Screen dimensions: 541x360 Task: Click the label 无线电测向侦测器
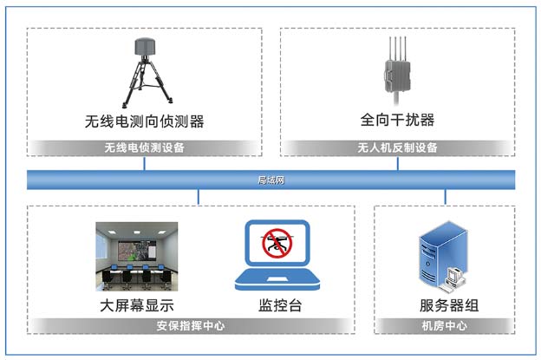click(144, 121)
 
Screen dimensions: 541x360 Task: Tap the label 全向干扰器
click(397, 120)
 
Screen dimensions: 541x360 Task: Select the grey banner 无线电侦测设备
click(144, 147)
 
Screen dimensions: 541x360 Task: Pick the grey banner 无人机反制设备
click(397, 147)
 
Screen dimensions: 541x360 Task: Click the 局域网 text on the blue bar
click(270, 180)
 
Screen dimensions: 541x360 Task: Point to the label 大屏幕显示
click(137, 305)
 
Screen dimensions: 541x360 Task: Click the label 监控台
click(280, 305)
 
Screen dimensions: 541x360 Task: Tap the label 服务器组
click(449, 305)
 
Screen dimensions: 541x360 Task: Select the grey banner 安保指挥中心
click(191, 326)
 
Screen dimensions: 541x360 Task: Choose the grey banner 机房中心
click(445, 326)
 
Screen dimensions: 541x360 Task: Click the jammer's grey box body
click(397, 76)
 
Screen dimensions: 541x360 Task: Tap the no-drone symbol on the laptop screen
click(277, 244)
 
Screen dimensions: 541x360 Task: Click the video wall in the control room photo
click(137, 250)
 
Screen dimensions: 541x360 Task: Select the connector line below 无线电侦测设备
click(144, 163)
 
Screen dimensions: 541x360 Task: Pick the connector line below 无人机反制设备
click(397, 163)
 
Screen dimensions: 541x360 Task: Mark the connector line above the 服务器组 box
click(445, 197)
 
